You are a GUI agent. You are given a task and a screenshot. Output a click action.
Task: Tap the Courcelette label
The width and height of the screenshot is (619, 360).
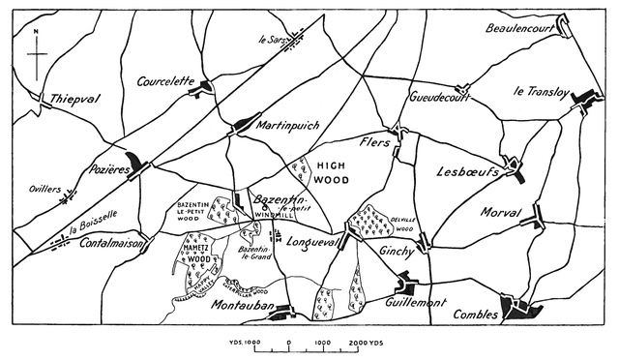coord(166,82)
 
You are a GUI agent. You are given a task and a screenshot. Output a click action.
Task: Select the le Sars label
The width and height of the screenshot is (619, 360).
coord(276,40)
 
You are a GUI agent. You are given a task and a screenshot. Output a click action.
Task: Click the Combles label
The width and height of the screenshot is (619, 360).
coord(475,316)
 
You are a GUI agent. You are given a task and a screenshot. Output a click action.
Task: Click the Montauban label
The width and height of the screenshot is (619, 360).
coord(238,308)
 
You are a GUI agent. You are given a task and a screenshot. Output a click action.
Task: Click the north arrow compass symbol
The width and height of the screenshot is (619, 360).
coord(36,56)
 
